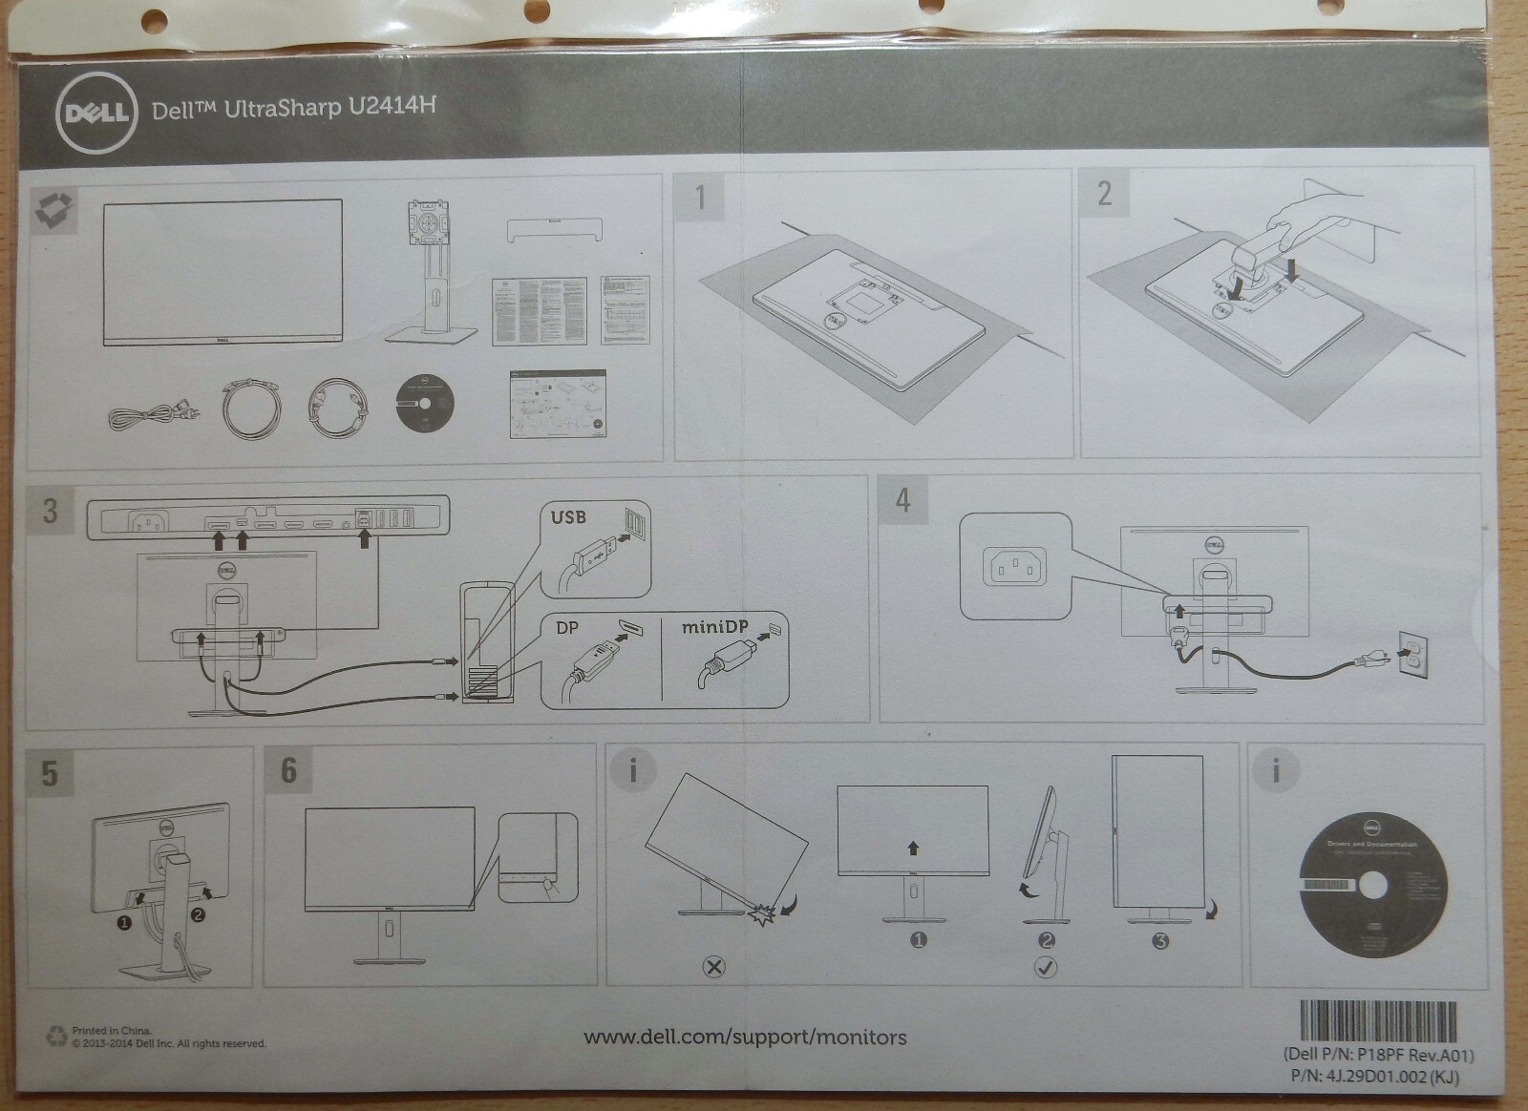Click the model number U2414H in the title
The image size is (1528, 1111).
pyautogui.click(x=393, y=104)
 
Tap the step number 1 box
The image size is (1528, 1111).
pyautogui.click(x=700, y=197)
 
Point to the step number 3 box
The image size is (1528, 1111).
pyautogui.click(x=51, y=510)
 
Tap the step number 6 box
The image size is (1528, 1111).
pyautogui.click(x=288, y=769)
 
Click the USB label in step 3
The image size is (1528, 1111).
pyautogui.click(x=568, y=517)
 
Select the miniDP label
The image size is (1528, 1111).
pyautogui.click(x=714, y=628)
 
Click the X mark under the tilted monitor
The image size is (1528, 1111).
pyautogui.click(x=713, y=967)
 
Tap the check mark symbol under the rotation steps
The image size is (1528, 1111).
pyautogui.click(x=1046, y=967)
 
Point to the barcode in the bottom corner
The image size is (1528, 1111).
pyautogui.click(x=1379, y=1022)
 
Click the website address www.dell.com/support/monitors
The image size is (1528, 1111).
pyautogui.click(x=745, y=1037)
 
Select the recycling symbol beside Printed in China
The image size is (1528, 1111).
pyautogui.click(x=56, y=1036)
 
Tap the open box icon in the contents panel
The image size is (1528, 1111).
pyautogui.click(x=54, y=209)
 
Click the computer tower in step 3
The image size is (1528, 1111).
pyautogui.click(x=487, y=644)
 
